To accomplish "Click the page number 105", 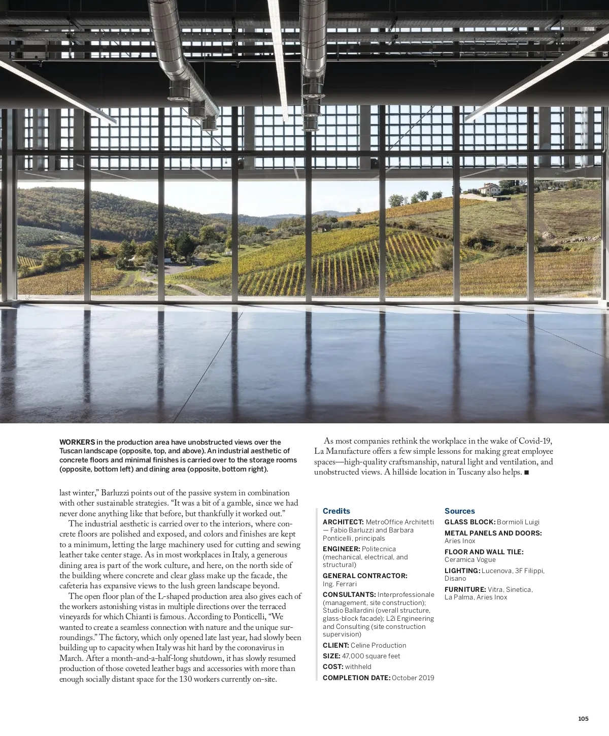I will tap(583, 719).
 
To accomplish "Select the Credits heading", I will tap(336, 511).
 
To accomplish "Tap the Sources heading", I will tap(459, 511).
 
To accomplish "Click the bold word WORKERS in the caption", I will tap(77, 442).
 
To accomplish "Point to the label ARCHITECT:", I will tap(343, 522).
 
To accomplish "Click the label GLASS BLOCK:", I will tap(469, 522).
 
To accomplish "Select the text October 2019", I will tap(413, 678).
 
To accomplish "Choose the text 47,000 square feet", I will tap(370, 656).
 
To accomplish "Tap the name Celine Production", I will tap(378, 645).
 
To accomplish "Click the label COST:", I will tap(332, 666).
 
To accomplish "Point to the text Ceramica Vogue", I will tap(470, 559).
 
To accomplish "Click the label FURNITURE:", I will tap(465, 589).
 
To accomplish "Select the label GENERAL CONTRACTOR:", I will tap(365, 576).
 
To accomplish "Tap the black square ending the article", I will tap(526, 473).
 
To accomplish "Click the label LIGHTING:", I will tap(462, 571).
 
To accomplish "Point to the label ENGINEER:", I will tap(341, 549).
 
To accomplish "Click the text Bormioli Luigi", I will tap(518, 522).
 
